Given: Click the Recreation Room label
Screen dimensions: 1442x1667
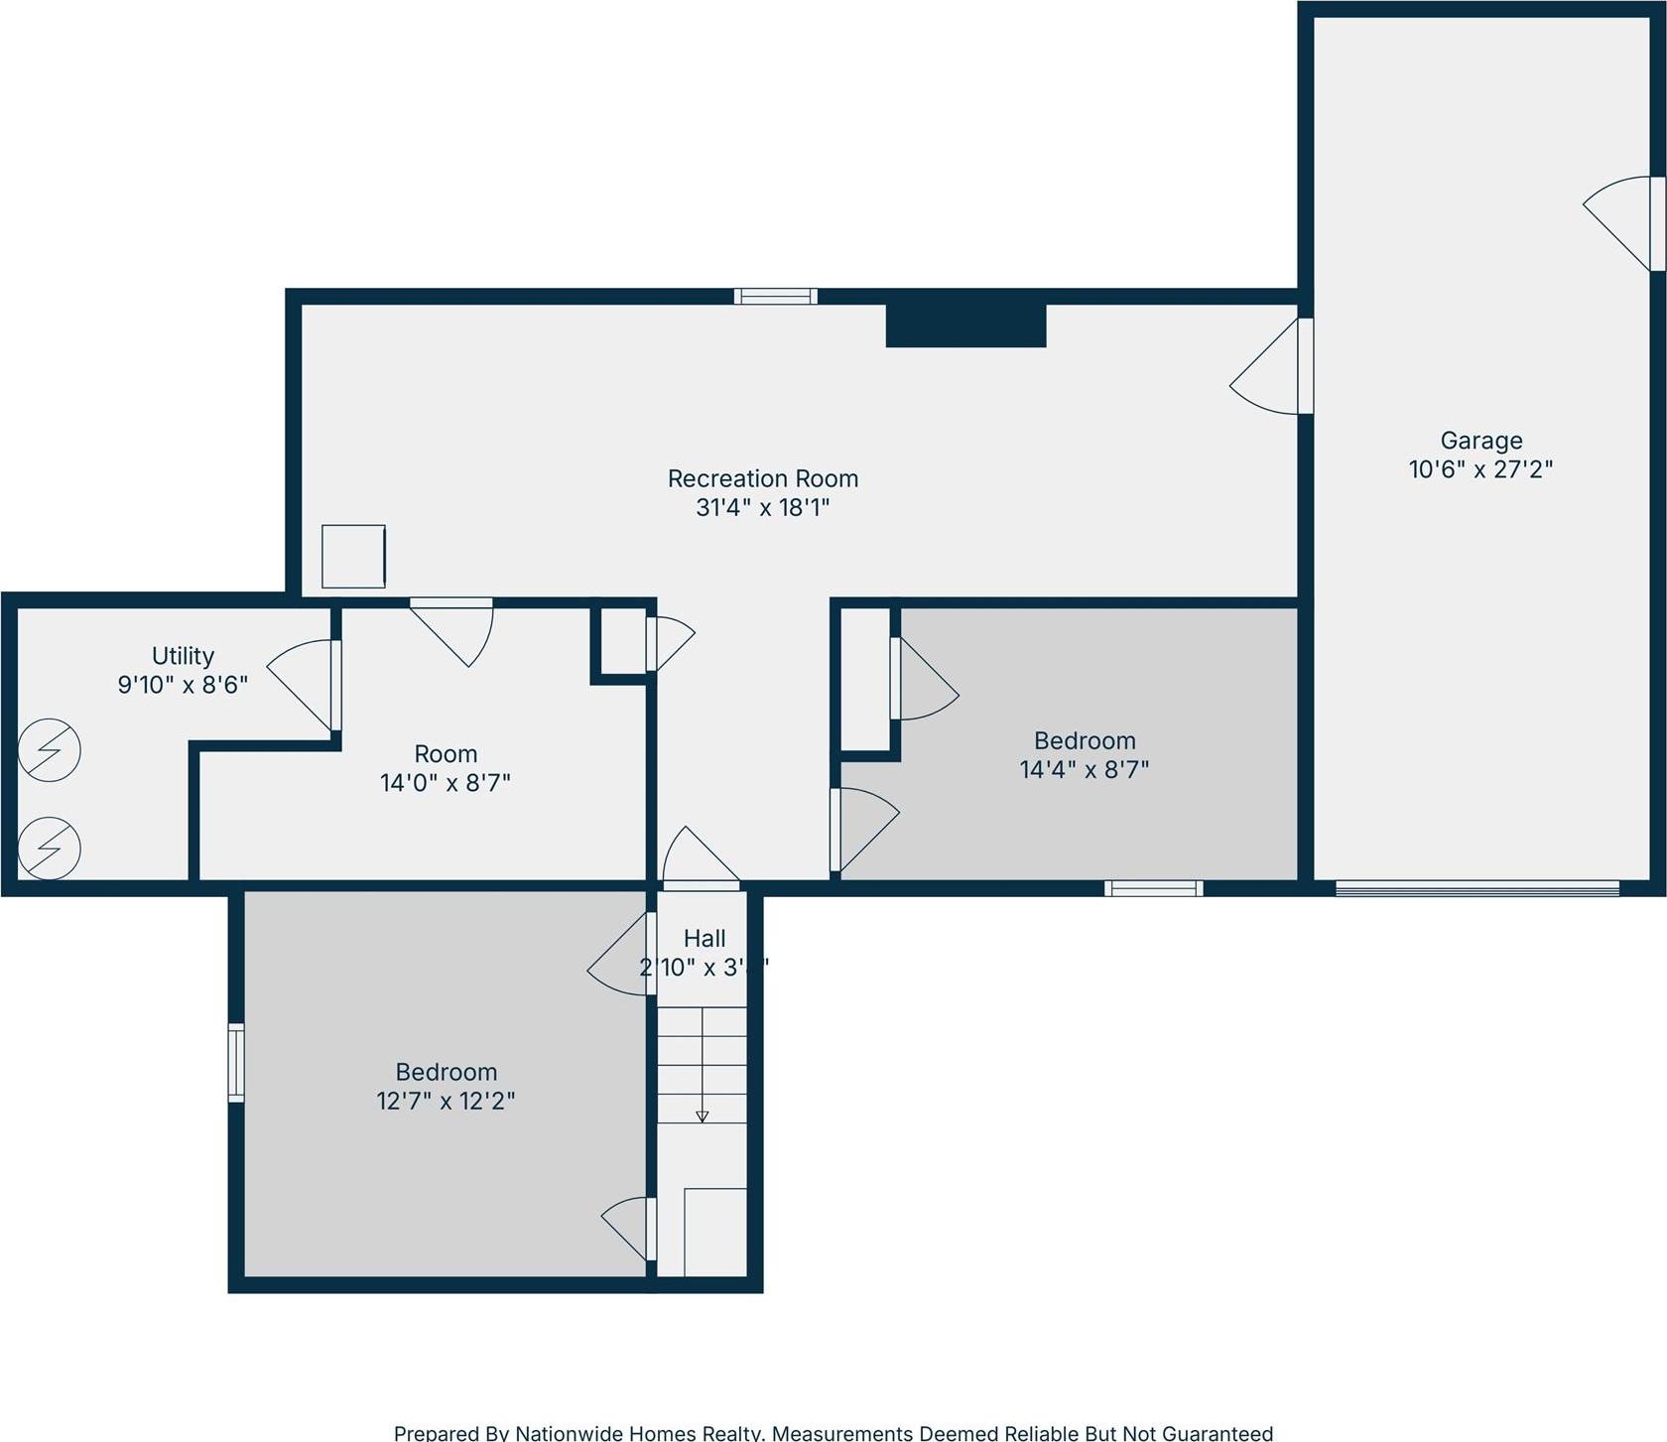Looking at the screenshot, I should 762,478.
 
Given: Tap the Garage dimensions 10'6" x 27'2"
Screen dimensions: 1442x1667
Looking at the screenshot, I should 1479,468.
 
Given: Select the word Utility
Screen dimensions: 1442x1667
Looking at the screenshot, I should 183,656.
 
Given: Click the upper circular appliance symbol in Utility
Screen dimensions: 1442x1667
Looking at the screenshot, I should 49,749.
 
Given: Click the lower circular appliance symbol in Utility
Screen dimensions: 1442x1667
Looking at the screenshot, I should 49,848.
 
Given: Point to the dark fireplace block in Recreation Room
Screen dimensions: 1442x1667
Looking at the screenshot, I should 965,326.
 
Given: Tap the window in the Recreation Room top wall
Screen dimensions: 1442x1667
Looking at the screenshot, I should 775,296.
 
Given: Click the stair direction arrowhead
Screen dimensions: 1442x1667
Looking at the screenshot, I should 702,1116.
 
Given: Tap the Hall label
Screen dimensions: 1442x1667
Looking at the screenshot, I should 705,938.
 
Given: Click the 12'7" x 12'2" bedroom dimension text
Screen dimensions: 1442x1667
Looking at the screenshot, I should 446,1101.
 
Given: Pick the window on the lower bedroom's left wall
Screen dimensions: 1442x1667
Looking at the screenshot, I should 236,1063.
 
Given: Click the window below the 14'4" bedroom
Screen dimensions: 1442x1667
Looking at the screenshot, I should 1153,888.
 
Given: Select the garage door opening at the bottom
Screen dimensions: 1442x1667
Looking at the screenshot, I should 1476,888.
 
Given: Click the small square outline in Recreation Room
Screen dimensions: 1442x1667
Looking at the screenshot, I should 353,557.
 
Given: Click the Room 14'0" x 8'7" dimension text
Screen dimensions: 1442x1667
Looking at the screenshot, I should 445,783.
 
